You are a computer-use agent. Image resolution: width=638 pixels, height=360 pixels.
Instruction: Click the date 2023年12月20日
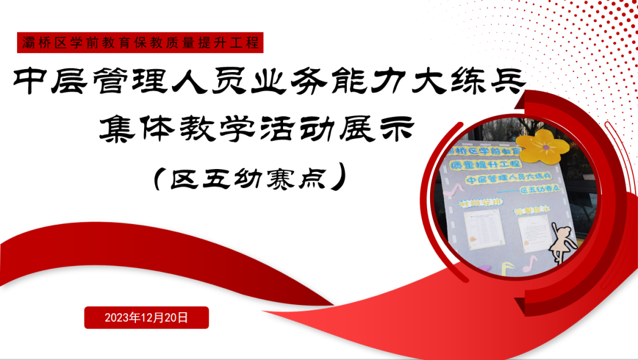pyautogui.click(x=147, y=317)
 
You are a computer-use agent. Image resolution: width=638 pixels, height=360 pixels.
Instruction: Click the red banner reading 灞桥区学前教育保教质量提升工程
pyautogui.click(x=141, y=43)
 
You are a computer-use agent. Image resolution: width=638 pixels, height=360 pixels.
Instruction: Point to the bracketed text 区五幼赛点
pyautogui.click(x=248, y=178)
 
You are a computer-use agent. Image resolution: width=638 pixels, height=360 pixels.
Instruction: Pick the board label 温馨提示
pyautogui.click(x=532, y=210)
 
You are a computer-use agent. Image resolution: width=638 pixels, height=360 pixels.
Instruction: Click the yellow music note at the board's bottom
pyautogui.click(x=506, y=268)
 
